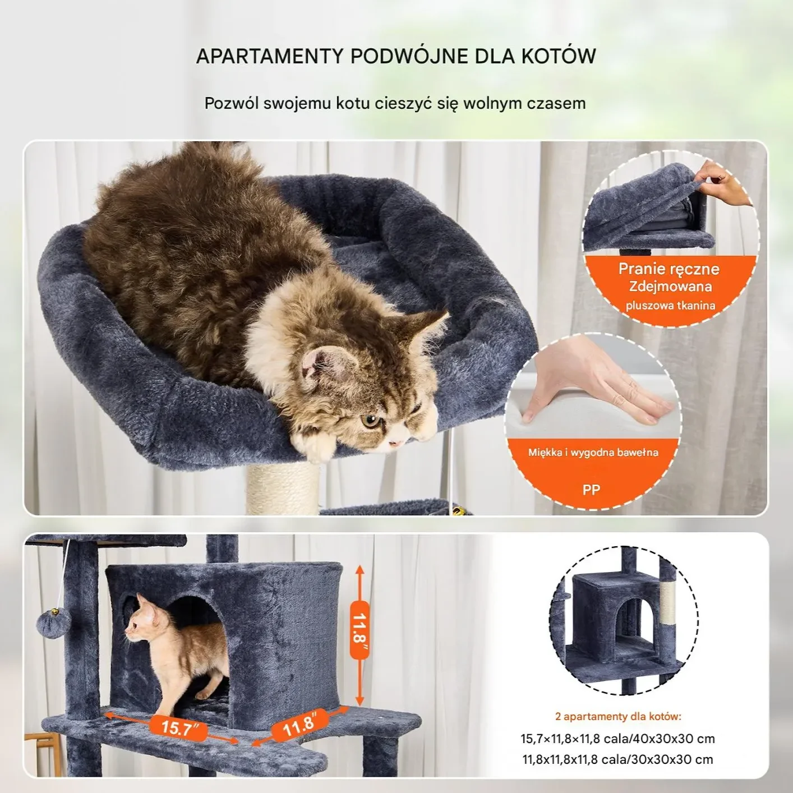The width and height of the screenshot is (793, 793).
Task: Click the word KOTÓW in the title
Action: click(x=559, y=56)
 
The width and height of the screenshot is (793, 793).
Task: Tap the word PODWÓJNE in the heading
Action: click(x=409, y=56)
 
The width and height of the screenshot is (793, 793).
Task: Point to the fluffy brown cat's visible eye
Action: click(x=370, y=421)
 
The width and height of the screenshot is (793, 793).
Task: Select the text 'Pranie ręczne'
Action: click(x=668, y=269)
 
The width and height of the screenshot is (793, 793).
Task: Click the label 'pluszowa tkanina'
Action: click(x=670, y=305)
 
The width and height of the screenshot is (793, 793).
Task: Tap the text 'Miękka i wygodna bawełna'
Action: click(x=593, y=452)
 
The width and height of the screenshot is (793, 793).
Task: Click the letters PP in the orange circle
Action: click(x=591, y=490)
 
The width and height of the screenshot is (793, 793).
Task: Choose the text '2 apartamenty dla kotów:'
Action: click(x=618, y=717)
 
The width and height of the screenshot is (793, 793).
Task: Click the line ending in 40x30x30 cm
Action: click(x=617, y=739)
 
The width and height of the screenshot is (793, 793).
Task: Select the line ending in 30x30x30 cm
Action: click(x=617, y=759)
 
